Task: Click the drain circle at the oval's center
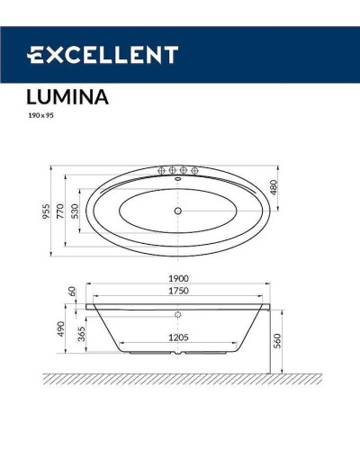178,211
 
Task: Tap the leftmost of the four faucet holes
162,169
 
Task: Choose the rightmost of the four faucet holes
194,169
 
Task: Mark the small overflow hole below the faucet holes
178,177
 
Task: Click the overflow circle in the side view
178,315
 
